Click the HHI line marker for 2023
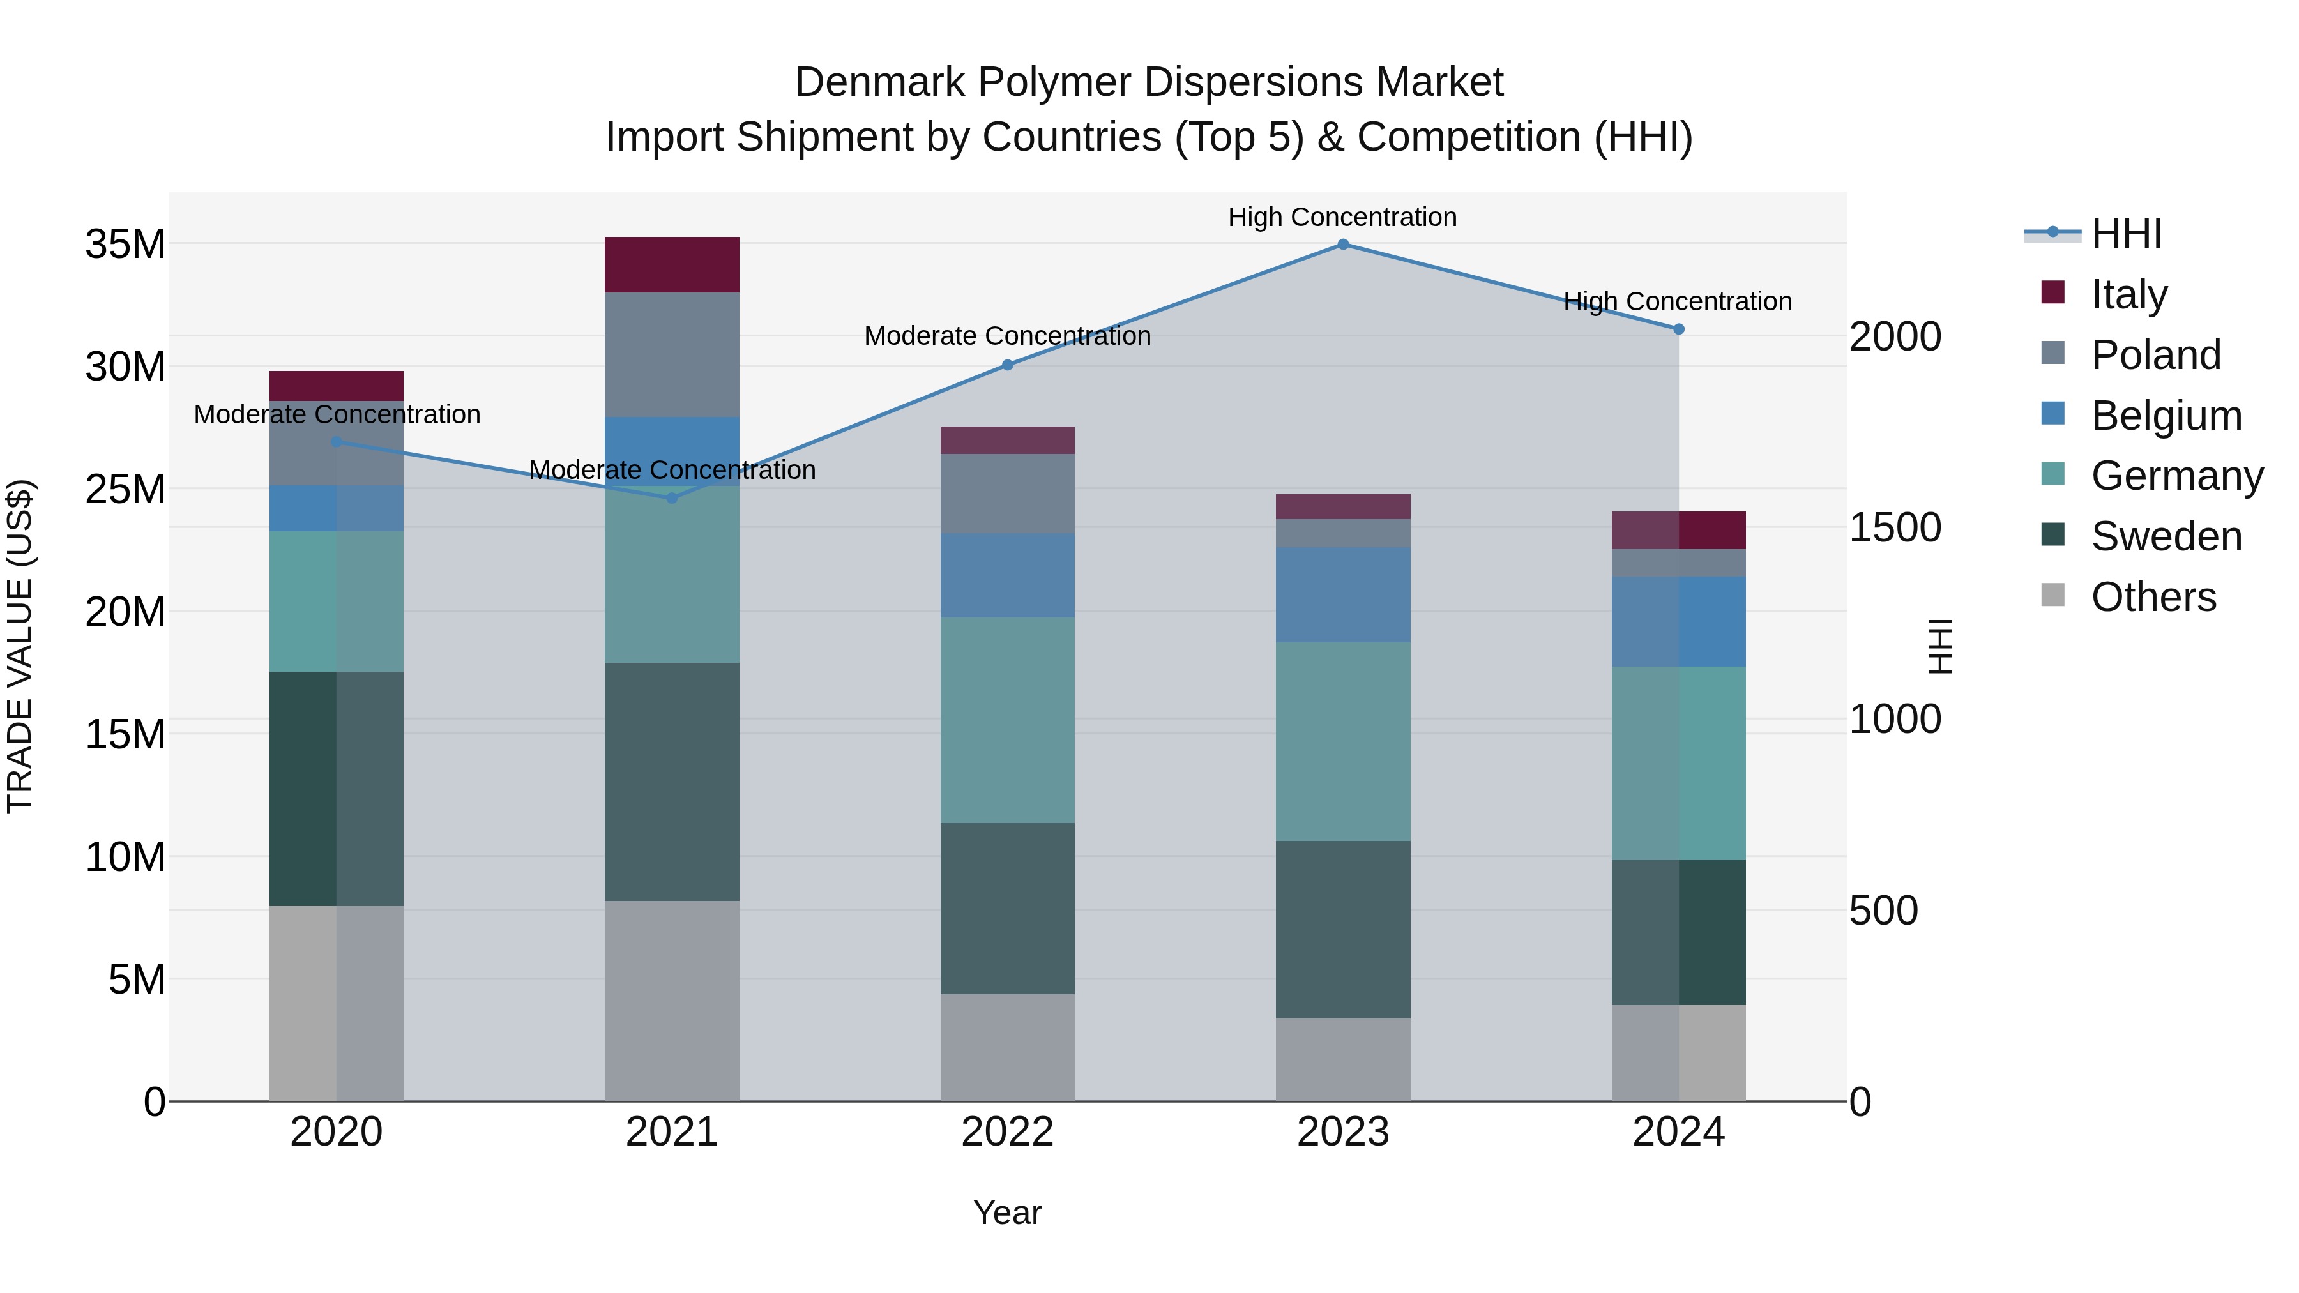point(1342,245)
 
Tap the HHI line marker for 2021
point(672,498)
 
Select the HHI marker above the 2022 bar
point(1008,365)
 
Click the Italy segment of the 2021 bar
point(672,265)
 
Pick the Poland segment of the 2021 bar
point(672,354)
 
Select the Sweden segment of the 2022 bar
point(1008,909)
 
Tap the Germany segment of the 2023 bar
point(1342,741)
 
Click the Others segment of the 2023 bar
point(1342,1059)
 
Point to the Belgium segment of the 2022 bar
point(1008,575)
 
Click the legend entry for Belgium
point(2166,416)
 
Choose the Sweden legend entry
point(2166,536)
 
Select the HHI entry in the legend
point(2126,234)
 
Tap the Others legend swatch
point(2052,595)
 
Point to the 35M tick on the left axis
point(125,245)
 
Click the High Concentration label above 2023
point(1342,217)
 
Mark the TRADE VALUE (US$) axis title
point(20,646)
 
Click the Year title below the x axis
point(1008,1213)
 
